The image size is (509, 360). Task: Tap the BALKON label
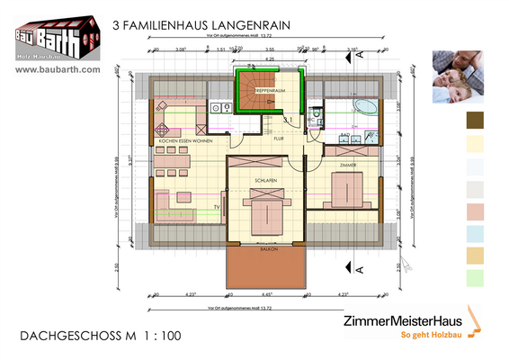pyautogui.click(x=267, y=249)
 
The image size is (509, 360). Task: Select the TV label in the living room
pyautogui.click(x=217, y=208)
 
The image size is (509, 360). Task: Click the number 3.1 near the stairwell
pyautogui.click(x=289, y=119)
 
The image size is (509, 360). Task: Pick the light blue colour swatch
pyautogui.click(x=476, y=233)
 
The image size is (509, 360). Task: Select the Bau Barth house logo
pyautogui.click(x=53, y=35)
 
